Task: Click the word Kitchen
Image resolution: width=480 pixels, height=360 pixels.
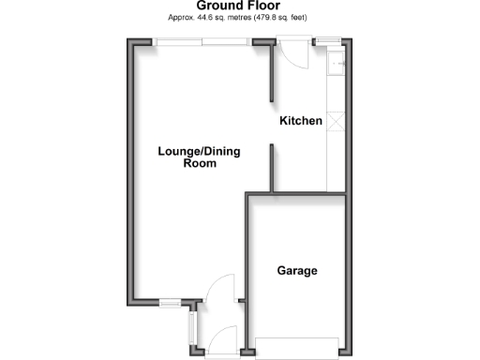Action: tap(301, 122)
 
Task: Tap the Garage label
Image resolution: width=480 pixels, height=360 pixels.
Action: tap(296, 271)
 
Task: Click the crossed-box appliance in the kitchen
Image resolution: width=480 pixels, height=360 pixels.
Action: tap(337, 121)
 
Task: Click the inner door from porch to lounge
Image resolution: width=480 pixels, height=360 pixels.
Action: tap(220, 285)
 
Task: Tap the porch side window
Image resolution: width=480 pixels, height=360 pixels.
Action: tap(190, 327)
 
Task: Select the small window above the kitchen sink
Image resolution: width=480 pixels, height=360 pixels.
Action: tap(327, 40)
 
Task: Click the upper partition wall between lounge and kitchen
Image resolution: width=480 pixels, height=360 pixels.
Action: tap(272, 72)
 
